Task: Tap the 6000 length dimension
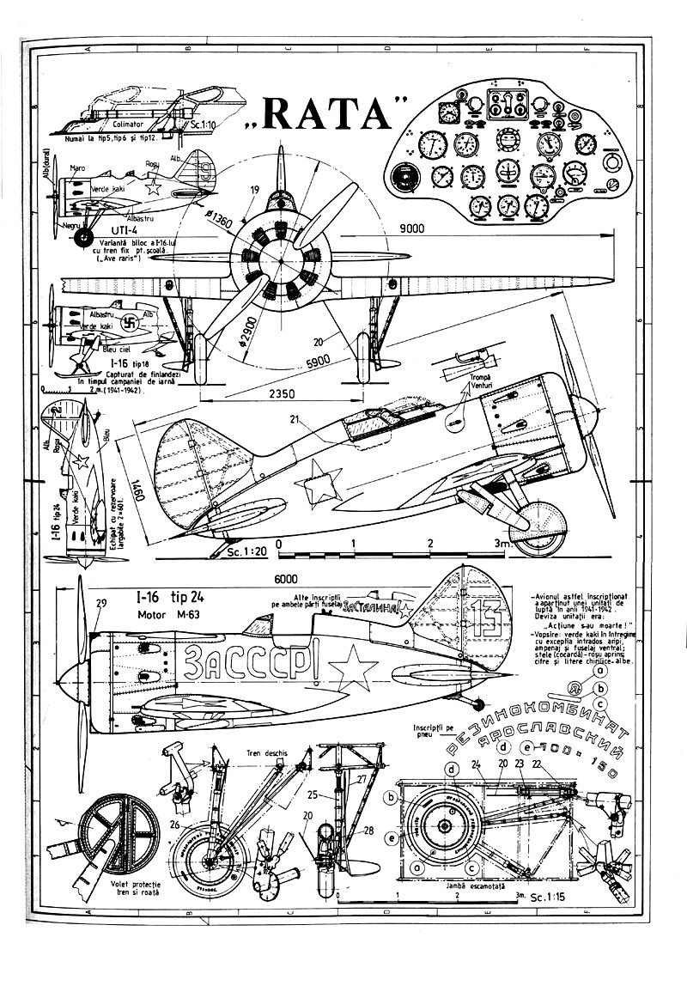click(283, 579)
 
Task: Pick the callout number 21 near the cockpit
click(295, 420)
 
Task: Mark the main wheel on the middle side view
click(543, 524)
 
